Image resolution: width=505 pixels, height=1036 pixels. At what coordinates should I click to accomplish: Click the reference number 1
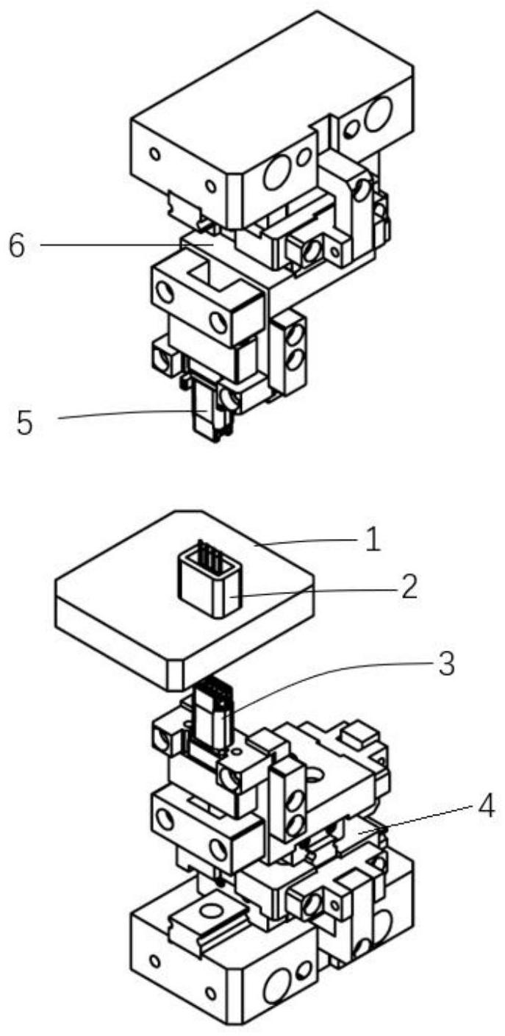pyautogui.click(x=372, y=540)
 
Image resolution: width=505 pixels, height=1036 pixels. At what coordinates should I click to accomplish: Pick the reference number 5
pyautogui.click(x=26, y=422)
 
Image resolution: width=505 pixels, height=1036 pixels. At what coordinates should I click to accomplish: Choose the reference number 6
pyautogui.click(x=18, y=246)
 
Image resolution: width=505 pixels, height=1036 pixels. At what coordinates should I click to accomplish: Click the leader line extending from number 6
pyautogui.click(x=126, y=245)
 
